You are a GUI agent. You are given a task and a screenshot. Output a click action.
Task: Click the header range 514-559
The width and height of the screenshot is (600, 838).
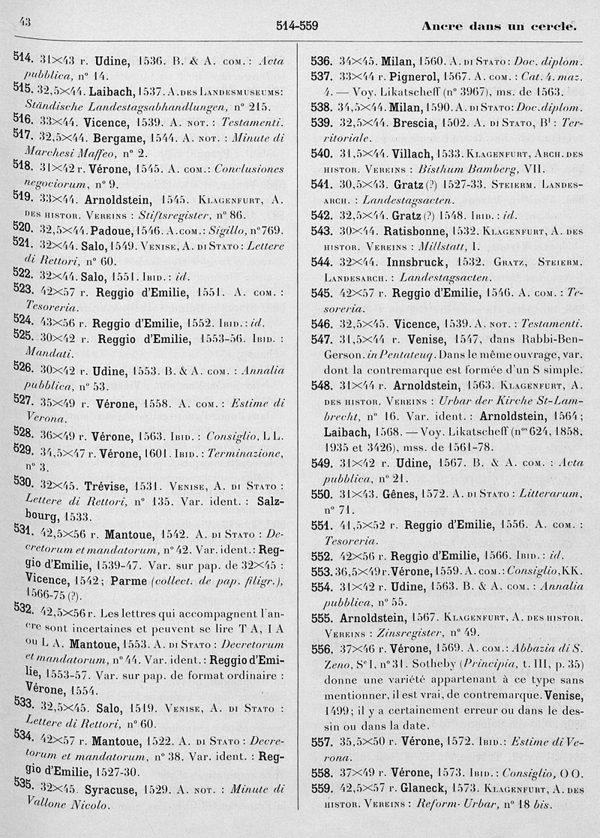tap(297, 26)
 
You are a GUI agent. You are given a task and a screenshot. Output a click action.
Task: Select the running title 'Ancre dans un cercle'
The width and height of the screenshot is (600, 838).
tap(498, 26)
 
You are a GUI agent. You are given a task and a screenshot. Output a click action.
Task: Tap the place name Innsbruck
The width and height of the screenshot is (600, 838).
tap(410, 263)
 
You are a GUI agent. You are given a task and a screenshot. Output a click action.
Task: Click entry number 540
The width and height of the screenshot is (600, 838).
tap(322, 154)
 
